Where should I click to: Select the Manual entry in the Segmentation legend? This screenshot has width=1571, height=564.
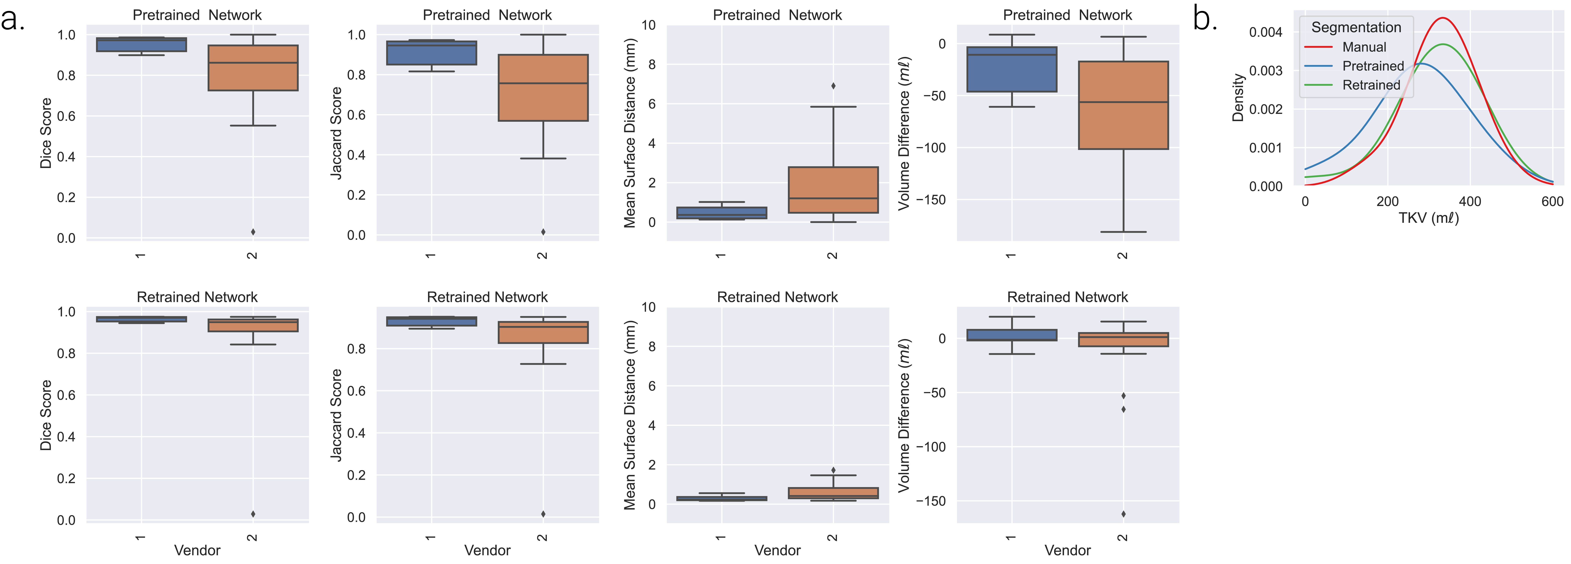(1364, 47)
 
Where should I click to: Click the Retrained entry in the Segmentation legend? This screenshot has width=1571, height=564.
(1371, 85)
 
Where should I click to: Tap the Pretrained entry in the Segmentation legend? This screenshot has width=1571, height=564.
(1373, 66)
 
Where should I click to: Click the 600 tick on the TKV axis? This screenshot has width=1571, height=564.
(1552, 201)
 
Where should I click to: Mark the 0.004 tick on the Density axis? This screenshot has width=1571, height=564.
(1265, 32)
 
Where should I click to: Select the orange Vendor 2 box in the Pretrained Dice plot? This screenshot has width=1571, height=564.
(253, 68)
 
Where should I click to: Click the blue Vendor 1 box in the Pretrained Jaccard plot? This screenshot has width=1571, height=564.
(432, 52)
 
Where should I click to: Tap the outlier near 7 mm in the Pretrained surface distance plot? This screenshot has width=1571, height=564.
(833, 86)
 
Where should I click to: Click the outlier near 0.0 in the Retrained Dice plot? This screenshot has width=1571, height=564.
(253, 514)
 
